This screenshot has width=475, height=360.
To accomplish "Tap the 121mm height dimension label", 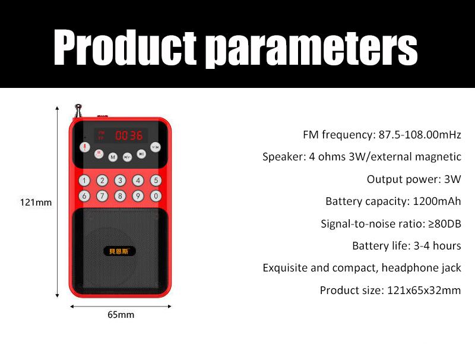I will [36, 203].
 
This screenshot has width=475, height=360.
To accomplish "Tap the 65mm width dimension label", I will [121, 315].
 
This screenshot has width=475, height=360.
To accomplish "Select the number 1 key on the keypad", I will [85, 181].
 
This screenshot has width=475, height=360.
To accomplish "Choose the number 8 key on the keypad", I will [121, 195].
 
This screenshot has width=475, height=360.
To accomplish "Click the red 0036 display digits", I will [129, 135].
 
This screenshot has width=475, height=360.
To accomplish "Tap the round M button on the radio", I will [112, 157].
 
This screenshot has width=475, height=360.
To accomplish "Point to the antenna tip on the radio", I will [77, 107].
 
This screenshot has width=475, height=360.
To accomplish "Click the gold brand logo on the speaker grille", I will [120, 251].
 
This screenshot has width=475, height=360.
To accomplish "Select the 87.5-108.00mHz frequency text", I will [420, 135].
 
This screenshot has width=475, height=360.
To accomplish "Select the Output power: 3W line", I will [413, 179].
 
